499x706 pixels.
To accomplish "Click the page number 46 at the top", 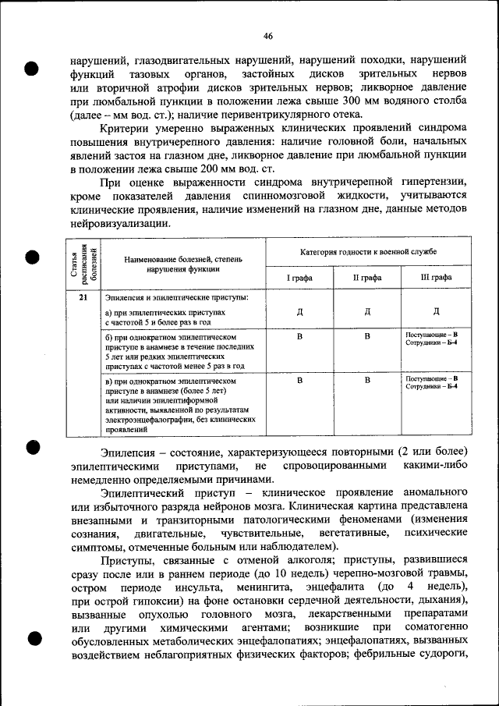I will [x=267, y=36].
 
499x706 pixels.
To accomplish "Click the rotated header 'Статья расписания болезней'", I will [x=83, y=264].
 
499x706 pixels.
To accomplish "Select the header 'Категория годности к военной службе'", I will [x=368, y=252].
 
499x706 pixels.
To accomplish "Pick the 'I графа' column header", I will [x=299, y=277].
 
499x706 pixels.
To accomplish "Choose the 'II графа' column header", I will [x=367, y=277].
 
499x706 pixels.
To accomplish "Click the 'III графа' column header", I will [x=435, y=277].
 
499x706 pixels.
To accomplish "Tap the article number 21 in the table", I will [x=83, y=298].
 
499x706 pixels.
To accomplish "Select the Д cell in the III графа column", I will [x=435, y=312].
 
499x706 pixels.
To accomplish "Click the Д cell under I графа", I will [x=299, y=312].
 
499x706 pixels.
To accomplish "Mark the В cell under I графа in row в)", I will [x=299, y=381].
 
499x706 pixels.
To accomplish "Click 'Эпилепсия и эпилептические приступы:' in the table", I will [x=176, y=298].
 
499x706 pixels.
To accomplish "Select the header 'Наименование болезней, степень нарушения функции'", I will [x=182, y=264].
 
